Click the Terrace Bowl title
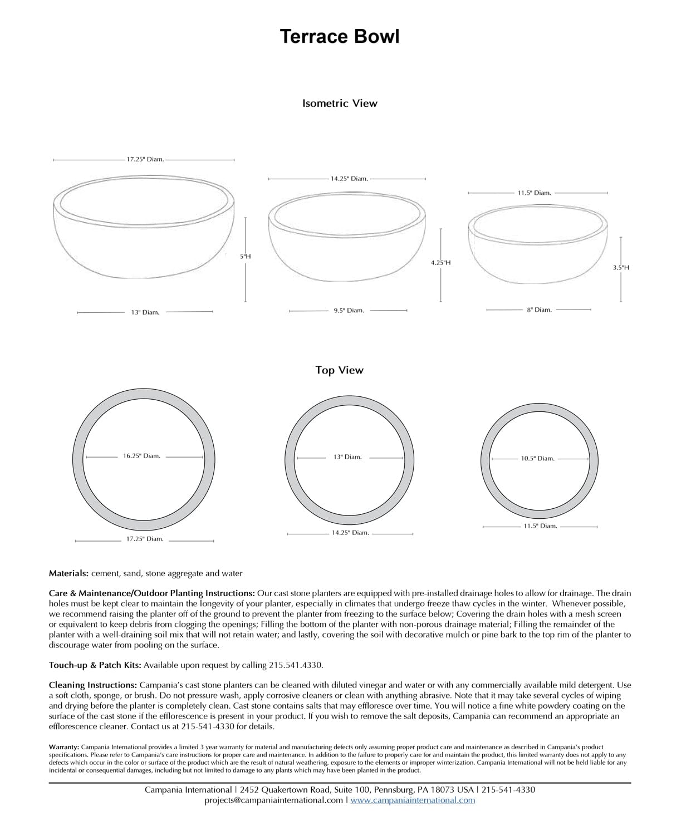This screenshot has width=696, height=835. coord(339,37)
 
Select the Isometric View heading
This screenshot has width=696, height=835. coord(340,103)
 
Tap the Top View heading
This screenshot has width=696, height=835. coord(339,370)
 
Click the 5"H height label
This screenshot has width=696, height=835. coord(246,257)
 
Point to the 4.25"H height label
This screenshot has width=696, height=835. coord(440,262)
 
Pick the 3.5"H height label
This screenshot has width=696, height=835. coord(621,267)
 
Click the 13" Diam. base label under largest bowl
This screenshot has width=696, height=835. coord(145,312)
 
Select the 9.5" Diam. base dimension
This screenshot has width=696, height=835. coord(349,311)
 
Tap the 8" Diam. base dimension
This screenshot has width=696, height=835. coord(539,310)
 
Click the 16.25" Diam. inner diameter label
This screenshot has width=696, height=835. coord(141,456)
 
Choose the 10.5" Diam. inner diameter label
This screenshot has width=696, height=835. coord(537,459)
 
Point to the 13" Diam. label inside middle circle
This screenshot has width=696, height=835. coord(347,457)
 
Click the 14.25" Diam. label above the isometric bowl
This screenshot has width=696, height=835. coord(349,179)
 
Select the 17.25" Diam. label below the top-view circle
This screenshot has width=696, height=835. coord(145,539)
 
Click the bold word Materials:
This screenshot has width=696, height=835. coord(68,573)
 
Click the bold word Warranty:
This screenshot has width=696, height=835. coord(64,747)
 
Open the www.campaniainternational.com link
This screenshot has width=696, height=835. coord(413,800)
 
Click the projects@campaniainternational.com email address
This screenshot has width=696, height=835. coord(274,800)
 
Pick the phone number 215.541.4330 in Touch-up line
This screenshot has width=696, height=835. coord(295,665)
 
